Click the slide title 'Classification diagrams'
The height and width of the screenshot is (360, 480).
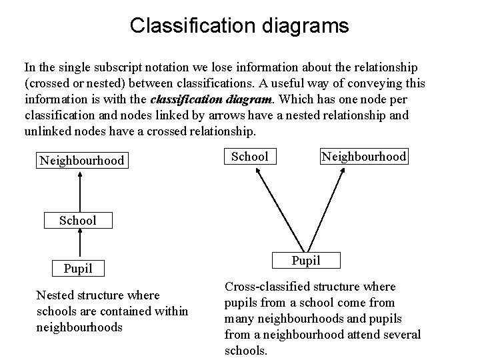[239, 25]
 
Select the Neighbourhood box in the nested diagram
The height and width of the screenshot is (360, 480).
[81, 161]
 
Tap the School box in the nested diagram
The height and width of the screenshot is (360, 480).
[78, 220]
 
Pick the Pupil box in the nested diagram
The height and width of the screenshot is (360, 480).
[78, 269]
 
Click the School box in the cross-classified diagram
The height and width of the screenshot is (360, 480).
[249, 157]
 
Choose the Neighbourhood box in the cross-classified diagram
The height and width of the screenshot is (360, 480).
[363, 157]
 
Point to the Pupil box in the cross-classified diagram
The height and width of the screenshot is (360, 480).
[306, 260]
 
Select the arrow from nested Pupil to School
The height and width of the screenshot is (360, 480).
[79, 244]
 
